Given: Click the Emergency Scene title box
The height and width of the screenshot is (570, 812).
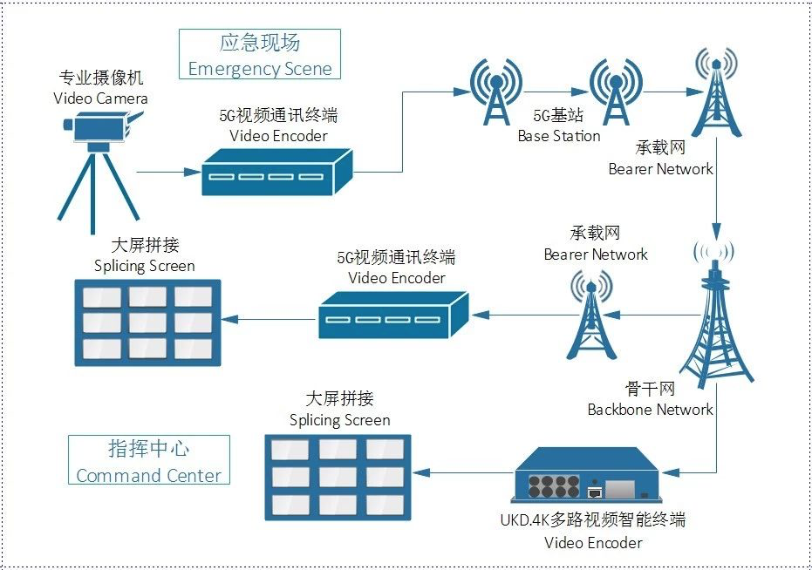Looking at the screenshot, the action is coord(259,54).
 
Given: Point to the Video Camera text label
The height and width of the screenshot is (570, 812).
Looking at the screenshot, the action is coord(100,98).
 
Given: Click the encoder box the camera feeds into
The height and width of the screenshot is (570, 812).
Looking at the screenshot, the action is coord(277,172).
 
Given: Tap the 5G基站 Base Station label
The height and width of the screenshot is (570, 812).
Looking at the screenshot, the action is coord(559,126).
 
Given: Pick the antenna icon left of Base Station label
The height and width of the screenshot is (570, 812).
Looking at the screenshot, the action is coord(496,92).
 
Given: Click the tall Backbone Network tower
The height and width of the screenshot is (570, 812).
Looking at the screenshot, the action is coord(716,315).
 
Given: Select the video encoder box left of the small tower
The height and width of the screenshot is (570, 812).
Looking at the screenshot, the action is coord(393,315).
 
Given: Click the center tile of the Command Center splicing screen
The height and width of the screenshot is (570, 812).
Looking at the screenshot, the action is coord(338,478).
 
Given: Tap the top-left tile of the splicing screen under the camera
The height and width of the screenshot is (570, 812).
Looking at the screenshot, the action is coord(102,297).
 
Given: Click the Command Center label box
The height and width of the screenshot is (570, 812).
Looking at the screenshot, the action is coord(148,459).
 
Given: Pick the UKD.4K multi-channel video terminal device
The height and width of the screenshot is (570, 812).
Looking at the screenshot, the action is coord(587,475).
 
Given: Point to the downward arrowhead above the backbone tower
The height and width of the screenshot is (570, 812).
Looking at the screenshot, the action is coord(717,230).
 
